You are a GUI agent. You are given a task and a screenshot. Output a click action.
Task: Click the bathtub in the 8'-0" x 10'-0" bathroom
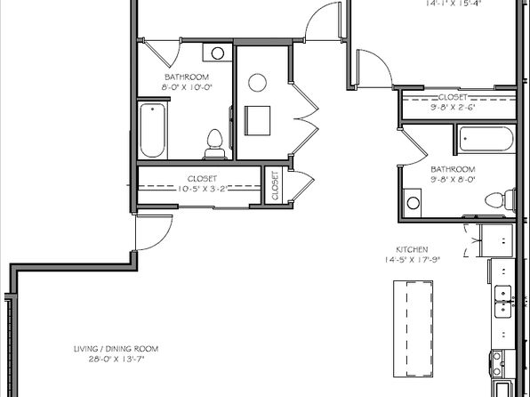[152, 131]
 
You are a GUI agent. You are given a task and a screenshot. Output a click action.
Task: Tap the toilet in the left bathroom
[214, 141]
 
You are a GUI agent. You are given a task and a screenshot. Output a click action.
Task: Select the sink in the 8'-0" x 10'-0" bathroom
[217, 53]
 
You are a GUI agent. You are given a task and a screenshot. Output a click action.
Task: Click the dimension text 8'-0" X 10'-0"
[185, 87]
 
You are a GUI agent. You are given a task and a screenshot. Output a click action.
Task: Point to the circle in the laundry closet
[257, 84]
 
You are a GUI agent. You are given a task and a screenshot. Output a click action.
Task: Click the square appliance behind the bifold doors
[258, 120]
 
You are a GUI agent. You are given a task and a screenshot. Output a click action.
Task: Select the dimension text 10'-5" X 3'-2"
[201, 190]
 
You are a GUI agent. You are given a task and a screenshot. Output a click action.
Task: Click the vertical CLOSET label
[275, 187]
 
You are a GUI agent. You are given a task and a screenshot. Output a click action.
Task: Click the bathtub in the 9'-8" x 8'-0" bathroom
[486, 140]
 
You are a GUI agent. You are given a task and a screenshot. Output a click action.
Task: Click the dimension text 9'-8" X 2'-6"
[453, 109]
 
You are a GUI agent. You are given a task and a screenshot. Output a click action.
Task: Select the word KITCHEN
[413, 250]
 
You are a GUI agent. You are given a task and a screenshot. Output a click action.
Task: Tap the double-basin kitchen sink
[502, 300]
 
